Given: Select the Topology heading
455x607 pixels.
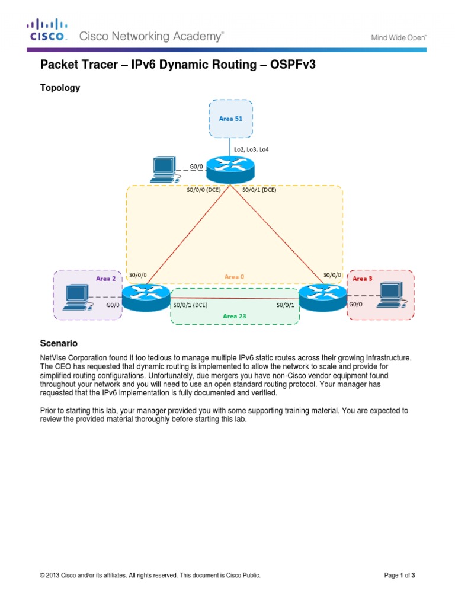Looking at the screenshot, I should click(59, 88).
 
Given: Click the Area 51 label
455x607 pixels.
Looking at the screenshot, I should click(230, 118).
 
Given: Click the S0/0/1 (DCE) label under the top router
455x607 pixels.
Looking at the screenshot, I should click(259, 190).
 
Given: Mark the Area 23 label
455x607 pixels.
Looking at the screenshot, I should click(234, 316).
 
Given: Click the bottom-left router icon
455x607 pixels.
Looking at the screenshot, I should click(143, 295).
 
